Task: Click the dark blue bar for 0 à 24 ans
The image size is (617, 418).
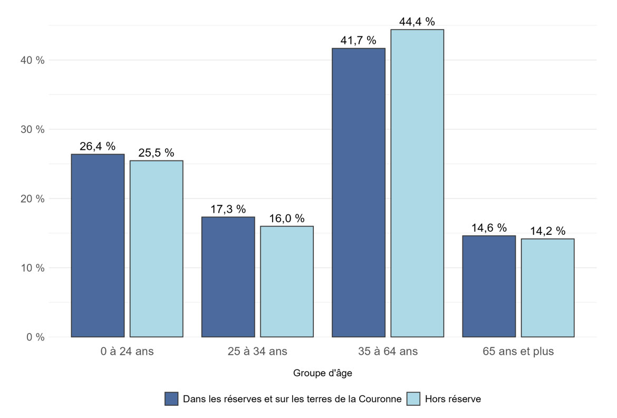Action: pos(98,245)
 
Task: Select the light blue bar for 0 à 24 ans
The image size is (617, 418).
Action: pos(156,249)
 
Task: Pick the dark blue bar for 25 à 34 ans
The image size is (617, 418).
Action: pos(228,277)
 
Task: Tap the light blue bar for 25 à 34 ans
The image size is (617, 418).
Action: pos(287,281)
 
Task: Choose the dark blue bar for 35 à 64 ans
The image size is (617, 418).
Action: pos(359,193)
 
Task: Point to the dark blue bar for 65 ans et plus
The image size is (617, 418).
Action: pos(489,286)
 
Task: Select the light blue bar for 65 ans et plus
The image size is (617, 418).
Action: pos(547,288)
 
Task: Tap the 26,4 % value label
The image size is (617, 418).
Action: pos(98,147)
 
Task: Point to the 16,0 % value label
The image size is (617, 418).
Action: pos(287,218)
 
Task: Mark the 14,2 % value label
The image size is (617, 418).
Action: pos(547,231)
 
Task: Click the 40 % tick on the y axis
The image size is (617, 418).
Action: pos(33,60)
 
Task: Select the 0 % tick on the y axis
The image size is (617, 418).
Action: pos(35,337)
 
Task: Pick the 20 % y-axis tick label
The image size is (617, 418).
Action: pos(33,199)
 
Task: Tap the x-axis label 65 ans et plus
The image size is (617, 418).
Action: pos(518,351)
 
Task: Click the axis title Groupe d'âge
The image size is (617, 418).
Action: pos(322,374)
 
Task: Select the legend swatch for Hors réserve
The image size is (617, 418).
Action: pos(414,399)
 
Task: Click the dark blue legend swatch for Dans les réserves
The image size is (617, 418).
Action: pos(172,399)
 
